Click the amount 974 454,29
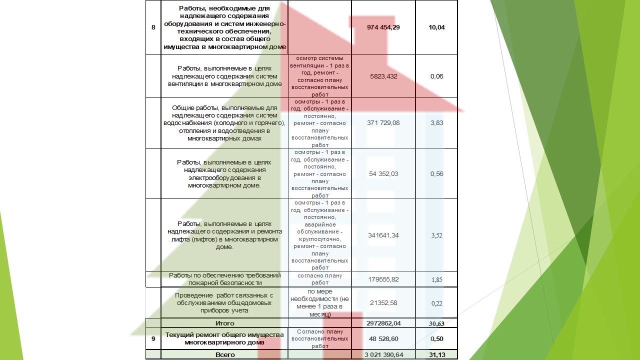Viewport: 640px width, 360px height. pos(383,27)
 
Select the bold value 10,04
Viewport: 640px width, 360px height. pos(436,27)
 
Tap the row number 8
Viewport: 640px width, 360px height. pos(153,27)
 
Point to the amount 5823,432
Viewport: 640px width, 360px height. pos(383,76)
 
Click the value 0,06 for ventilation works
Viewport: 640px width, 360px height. pos(436,76)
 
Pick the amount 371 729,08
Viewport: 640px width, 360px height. pos(383,123)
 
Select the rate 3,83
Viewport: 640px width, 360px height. pos(436,123)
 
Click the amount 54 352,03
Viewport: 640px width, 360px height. pos(383,174)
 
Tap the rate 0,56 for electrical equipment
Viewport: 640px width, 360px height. pos(436,174)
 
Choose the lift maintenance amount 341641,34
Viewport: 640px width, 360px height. pos(383,235)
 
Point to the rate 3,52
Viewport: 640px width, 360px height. pos(436,235)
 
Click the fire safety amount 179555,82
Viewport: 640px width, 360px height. pos(383,279)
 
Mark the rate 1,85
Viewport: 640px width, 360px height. pos(436,280)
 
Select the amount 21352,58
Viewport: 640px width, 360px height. pos(383,303)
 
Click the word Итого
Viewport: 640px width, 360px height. pos(224,323)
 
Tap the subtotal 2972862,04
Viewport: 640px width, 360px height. pos(383,323)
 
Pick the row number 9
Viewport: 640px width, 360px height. pos(153,339)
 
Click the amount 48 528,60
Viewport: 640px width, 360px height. pos(383,339)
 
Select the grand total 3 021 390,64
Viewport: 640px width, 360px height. pos(383,355)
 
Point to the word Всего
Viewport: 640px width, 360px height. pos(224,355)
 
